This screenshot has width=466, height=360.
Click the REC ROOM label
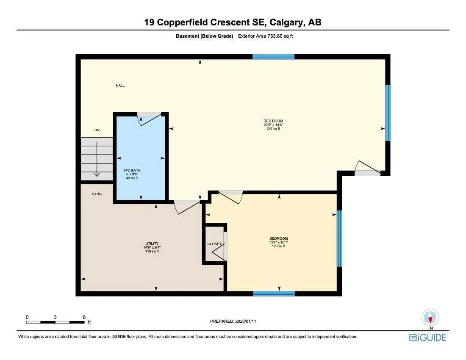coord(273,121)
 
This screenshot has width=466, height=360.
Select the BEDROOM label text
coord(278,238)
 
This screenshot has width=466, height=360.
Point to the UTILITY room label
coord(151,244)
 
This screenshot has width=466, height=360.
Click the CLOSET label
coord(214,244)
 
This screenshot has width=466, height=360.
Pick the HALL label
coord(120,86)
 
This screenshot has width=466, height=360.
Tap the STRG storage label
coord(97,194)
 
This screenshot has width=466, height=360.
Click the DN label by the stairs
coord(97,130)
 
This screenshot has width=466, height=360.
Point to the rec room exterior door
coord(368,169)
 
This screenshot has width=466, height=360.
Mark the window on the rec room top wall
coord(273,57)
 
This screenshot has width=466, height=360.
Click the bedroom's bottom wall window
coord(274,294)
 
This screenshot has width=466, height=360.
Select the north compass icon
coord(430,318)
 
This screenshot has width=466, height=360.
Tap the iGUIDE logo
coord(427,338)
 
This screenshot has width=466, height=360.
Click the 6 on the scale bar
coord(84,317)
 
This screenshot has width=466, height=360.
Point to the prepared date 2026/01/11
coord(233,321)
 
